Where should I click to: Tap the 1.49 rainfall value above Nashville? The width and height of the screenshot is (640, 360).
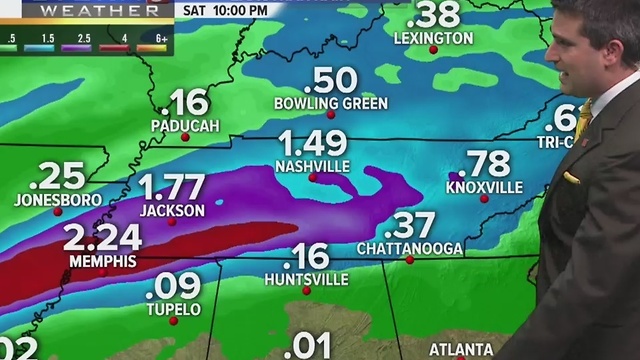(313, 143)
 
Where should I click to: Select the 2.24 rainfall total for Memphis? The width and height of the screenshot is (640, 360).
(103, 238)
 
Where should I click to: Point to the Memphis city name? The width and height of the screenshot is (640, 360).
(102, 260)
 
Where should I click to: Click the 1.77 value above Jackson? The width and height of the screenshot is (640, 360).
(171, 188)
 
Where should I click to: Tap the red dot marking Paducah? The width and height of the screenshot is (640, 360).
(185, 137)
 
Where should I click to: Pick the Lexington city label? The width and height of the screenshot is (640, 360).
(433, 38)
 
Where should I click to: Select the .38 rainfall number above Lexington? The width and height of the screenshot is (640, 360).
(433, 15)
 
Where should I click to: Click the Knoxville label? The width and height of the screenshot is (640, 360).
(484, 187)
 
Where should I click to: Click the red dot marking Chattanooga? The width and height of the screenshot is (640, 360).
(409, 260)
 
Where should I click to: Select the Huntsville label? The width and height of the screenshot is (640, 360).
(307, 280)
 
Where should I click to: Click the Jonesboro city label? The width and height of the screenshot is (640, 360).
(58, 200)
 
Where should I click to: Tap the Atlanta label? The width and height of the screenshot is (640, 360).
(461, 349)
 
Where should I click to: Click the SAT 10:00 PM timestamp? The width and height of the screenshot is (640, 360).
(226, 10)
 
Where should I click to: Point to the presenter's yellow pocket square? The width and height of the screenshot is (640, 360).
(571, 177)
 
